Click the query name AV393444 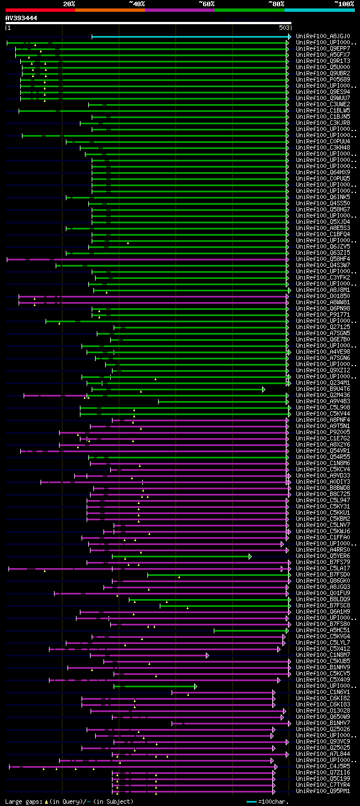pyautogui.click(x=21, y=18)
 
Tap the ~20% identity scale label pyautogui.click(x=69, y=3)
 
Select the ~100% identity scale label pyautogui.click(x=344, y=3)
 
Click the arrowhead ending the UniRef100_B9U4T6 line pyautogui.click(x=263, y=389)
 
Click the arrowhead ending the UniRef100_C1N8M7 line pyautogui.click(x=207, y=655)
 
